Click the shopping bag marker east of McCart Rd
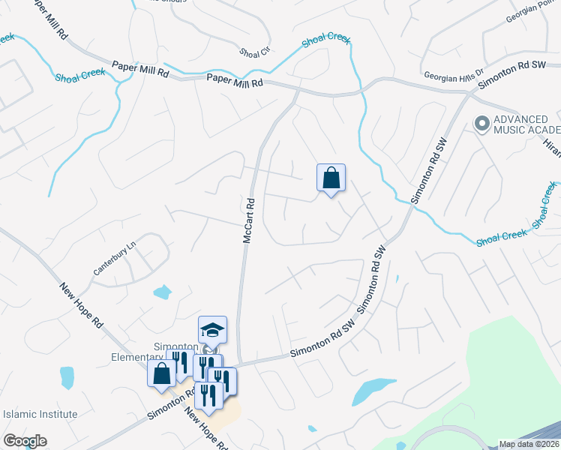(x=331, y=178)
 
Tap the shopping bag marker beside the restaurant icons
(x=161, y=374)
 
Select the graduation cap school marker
(x=212, y=330)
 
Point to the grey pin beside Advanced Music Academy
(x=481, y=122)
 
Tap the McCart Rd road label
(x=250, y=220)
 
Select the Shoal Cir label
(x=253, y=52)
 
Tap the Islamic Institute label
(x=40, y=414)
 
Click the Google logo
(x=25, y=441)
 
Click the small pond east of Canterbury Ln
(x=162, y=292)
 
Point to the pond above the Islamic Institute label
(x=67, y=377)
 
